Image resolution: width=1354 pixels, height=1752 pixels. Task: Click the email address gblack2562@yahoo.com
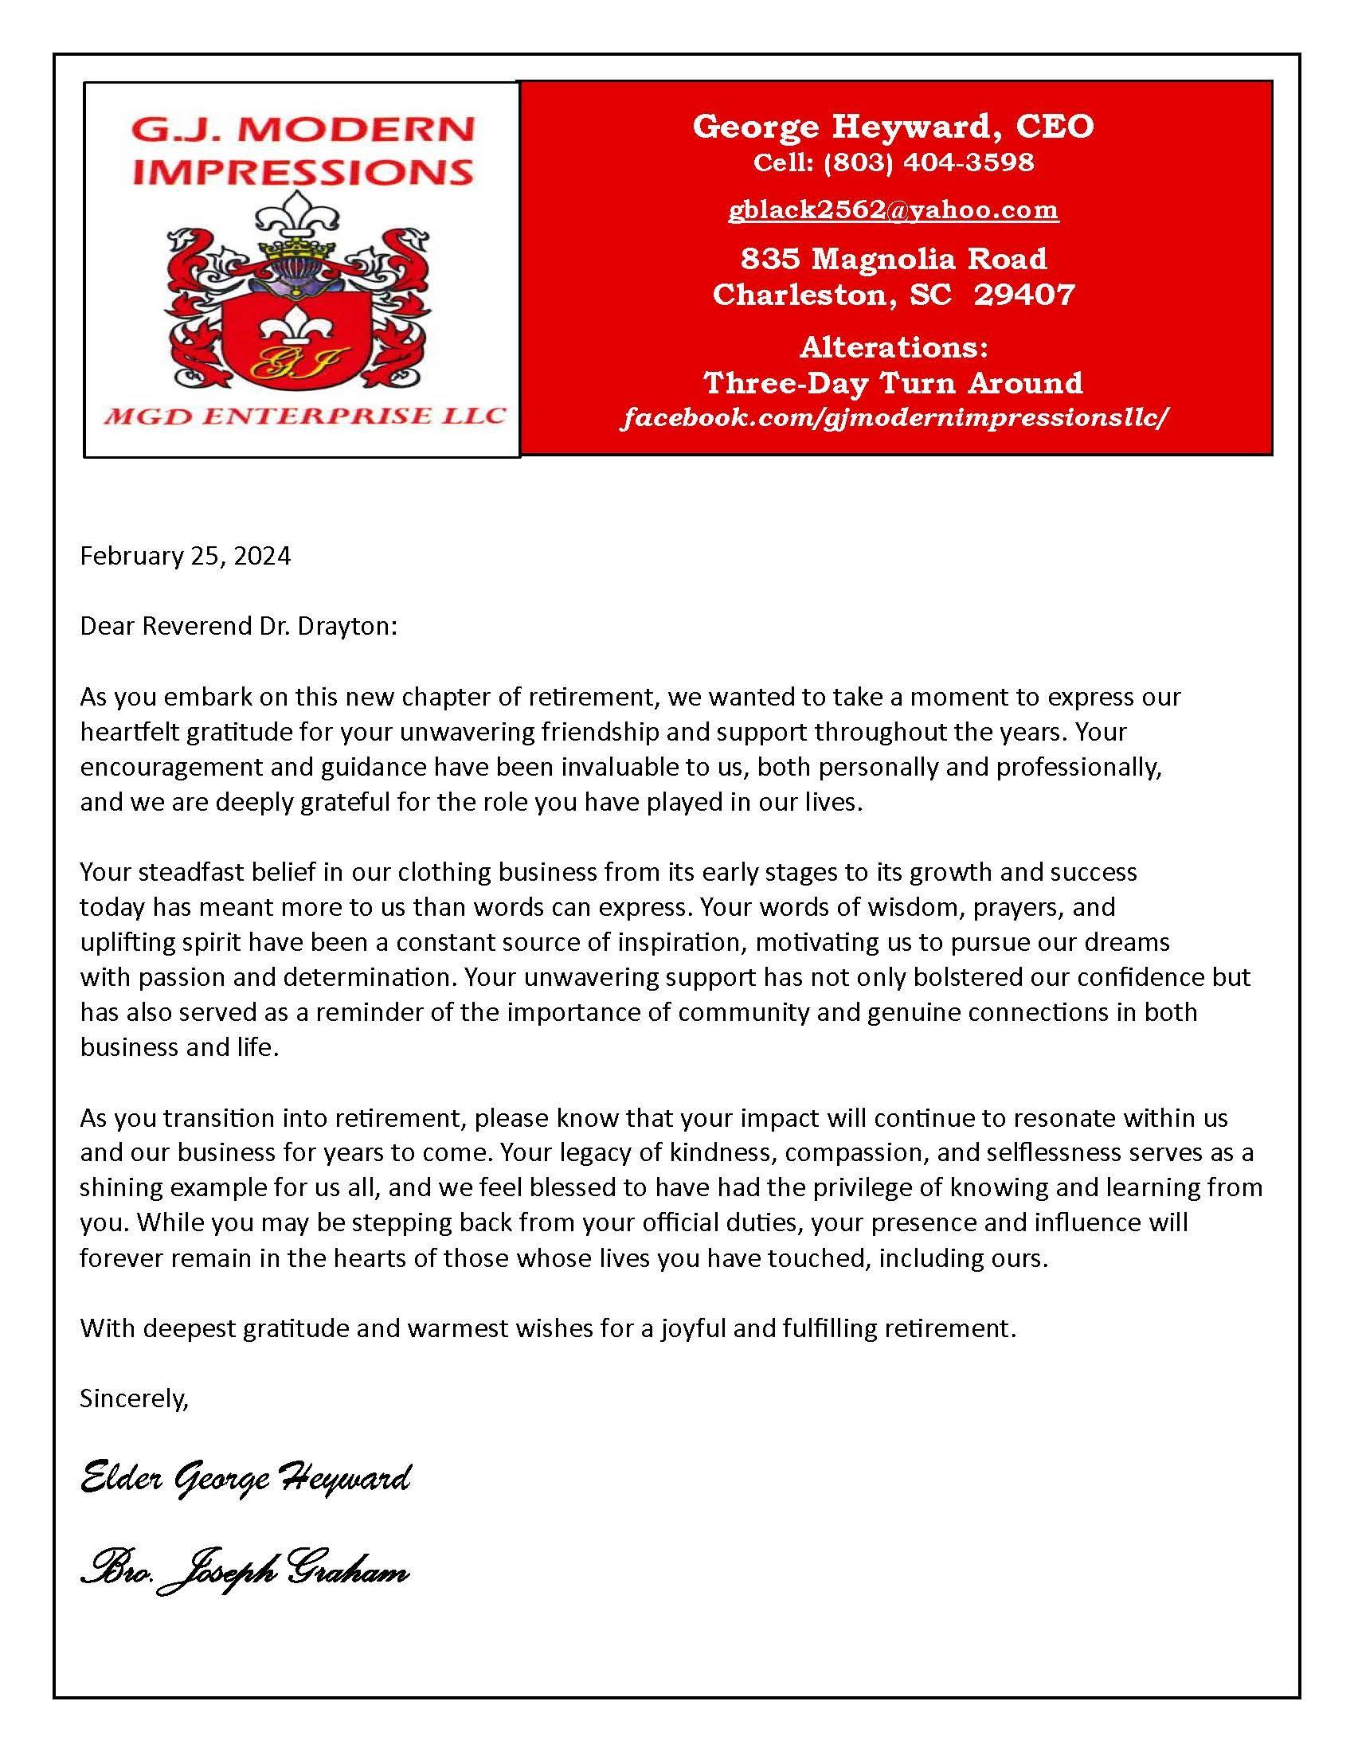(894, 210)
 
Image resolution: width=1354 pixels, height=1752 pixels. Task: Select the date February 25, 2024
(186, 556)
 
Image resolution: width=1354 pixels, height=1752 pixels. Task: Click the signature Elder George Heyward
(245, 1476)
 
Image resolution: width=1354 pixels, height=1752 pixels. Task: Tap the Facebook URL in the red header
(894, 418)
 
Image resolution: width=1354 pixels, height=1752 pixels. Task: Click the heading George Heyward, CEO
(894, 126)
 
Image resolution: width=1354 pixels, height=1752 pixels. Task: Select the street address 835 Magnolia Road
(894, 258)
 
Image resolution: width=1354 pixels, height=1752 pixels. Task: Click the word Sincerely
(134, 1398)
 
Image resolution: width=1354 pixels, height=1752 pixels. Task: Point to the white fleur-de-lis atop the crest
(303, 218)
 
